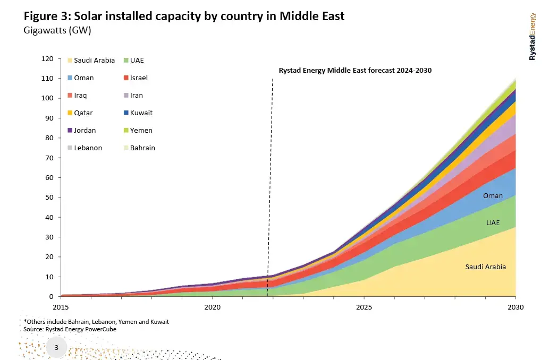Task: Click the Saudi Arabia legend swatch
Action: (69, 61)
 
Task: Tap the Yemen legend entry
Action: (141, 131)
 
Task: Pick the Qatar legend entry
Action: (84, 113)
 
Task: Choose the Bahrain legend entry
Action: (142, 148)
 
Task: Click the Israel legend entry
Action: (139, 78)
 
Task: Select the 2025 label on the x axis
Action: (364, 307)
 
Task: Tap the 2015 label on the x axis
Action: (61, 307)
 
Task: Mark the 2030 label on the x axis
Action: (515, 307)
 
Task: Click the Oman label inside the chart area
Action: (493, 196)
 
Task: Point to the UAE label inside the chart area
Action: (493, 223)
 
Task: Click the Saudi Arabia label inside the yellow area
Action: (486, 267)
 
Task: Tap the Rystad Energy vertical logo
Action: (532, 36)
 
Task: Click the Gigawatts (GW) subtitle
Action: (57, 30)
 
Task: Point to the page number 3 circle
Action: (56, 348)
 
